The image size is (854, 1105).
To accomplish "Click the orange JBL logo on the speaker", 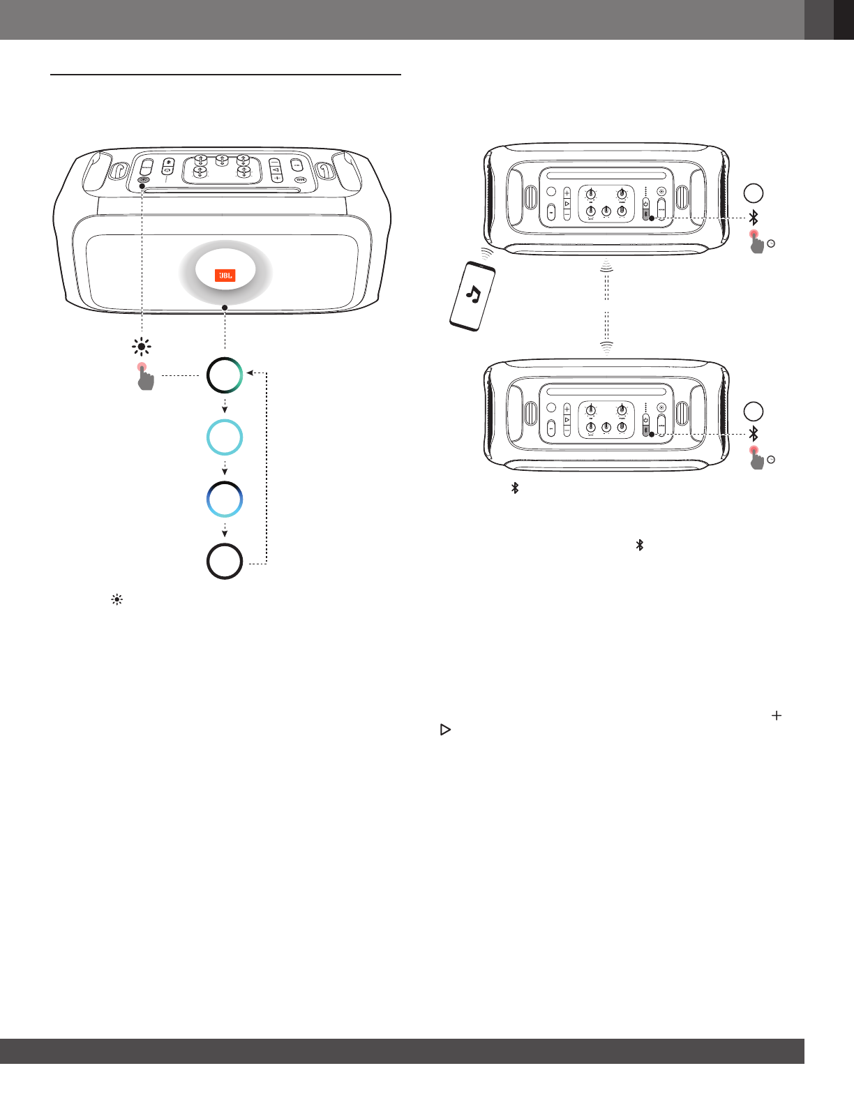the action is [225, 276].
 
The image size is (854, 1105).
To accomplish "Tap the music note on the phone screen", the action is [474, 296].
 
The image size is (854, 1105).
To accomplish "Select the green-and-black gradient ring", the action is [225, 375].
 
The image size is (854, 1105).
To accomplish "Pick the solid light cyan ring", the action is [225, 437].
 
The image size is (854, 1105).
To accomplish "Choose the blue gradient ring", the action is [225, 499].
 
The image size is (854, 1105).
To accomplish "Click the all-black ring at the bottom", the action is [225, 562].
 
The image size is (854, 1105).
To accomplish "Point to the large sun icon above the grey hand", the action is [142, 347].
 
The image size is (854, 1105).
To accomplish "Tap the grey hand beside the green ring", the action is [145, 377].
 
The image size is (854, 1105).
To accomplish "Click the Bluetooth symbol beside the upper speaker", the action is [754, 218].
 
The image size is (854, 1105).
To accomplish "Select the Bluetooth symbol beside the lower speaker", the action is [754, 434].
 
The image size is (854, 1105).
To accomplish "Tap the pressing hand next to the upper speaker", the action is [756, 243].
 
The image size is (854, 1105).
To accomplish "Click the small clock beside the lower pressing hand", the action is [771, 460].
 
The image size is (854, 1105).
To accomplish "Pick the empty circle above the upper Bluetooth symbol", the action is [754, 193].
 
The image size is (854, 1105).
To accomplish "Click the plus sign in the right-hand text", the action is [776, 716].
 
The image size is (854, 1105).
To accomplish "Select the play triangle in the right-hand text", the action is [445, 730].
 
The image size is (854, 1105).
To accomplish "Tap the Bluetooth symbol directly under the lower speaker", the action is [515, 488].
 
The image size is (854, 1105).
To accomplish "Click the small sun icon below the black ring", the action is [117, 600].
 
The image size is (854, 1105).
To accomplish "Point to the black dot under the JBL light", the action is [225, 308].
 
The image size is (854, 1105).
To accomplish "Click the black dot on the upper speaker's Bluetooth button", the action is [652, 218].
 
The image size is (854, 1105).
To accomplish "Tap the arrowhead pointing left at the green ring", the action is [250, 373].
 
